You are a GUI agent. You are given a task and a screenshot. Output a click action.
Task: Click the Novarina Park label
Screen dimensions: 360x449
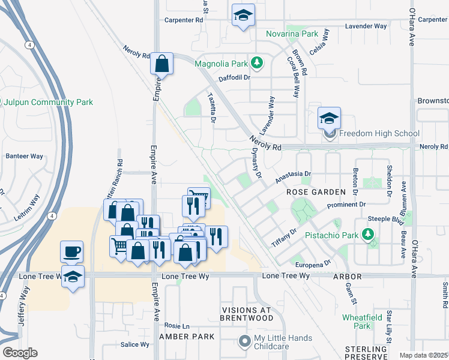292,34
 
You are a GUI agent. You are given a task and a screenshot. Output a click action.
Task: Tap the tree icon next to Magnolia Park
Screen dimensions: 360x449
257,62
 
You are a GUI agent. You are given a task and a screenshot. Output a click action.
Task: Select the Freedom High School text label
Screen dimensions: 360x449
379,133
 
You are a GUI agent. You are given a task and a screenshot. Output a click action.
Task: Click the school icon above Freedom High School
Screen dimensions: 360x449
329,119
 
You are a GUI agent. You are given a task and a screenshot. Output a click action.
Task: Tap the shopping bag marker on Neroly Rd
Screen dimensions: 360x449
162,63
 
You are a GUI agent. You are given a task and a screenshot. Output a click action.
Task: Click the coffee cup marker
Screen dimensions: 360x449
72,251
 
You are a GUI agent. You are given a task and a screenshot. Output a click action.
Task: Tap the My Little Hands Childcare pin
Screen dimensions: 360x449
244,341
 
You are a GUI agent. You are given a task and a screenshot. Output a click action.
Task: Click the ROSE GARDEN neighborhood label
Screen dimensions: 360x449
316,192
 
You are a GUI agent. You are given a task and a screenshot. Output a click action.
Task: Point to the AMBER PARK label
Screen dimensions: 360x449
186,337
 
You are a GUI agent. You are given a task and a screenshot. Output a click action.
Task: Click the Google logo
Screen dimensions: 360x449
19,353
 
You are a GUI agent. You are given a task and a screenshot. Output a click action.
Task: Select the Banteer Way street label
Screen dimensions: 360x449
24,156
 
